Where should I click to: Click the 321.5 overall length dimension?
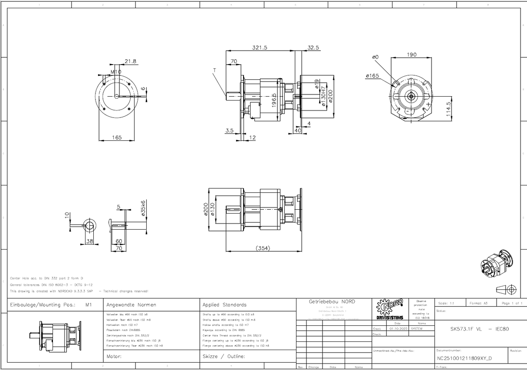tap(260, 47)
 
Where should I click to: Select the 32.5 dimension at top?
tap(313, 47)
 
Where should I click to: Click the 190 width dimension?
tap(412, 55)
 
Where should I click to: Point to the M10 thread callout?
tap(115, 71)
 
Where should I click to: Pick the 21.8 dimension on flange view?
tap(130, 62)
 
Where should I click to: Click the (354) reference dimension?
tap(262, 248)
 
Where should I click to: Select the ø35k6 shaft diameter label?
tap(143, 208)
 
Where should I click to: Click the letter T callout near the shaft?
tap(214, 70)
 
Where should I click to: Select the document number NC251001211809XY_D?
tap(464, 358)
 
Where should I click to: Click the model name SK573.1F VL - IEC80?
tap(479, 329)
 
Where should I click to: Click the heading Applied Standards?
tap(224, 305)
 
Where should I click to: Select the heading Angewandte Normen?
tap(131, 305)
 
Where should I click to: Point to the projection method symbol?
tap(506, 289)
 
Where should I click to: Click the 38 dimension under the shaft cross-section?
tap(90, 241)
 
